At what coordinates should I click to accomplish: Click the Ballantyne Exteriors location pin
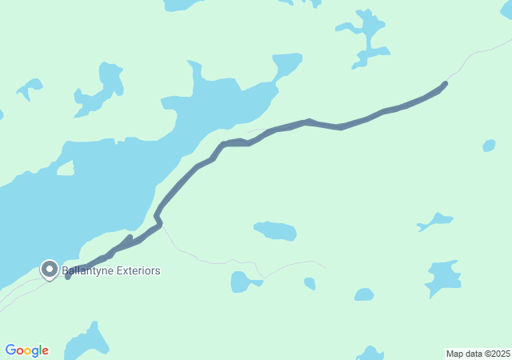click(x=50, y=270)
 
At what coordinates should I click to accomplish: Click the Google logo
click(x=26, y=350)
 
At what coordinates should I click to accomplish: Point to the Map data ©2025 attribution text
click(x=478, y=354)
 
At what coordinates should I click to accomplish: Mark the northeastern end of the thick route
click(x=445, y=83)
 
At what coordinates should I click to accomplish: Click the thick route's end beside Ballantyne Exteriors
click(x=68, y=277)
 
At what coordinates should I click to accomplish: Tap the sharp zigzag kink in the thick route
click(x=158, y=218)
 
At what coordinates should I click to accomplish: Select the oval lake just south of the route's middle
click(x=276, y=231)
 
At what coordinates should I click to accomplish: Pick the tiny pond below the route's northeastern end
click(x=489, y=146)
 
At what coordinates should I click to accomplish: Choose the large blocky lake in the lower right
click(x=443, y=278)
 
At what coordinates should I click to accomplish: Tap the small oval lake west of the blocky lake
click(x=364, y=294)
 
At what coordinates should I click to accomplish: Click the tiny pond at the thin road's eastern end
click(x=310, y=283)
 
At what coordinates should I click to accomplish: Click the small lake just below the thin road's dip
click(x=242, y=282)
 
